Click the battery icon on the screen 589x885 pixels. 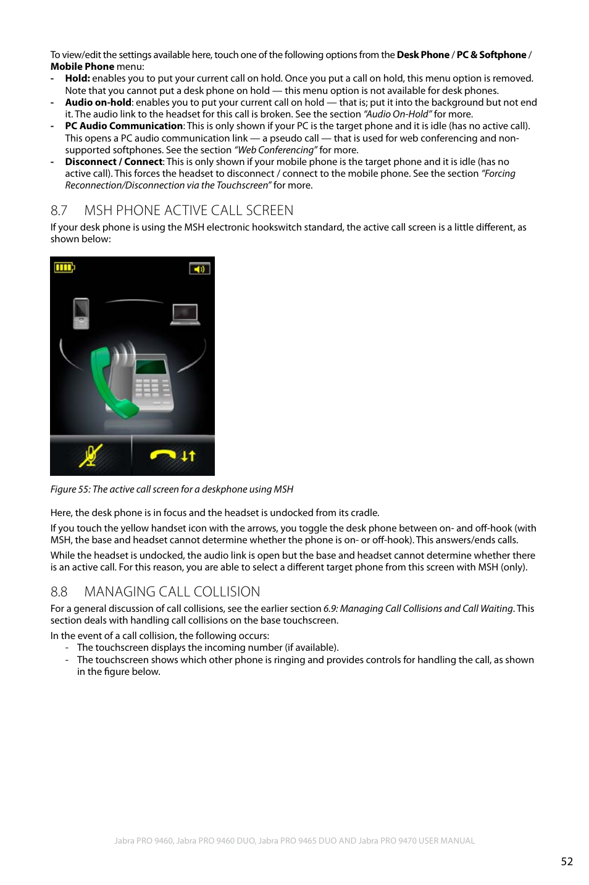64,268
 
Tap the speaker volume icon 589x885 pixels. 199,269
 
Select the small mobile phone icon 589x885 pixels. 81,313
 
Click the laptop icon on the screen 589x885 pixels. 185,314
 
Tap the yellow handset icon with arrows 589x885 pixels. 173,456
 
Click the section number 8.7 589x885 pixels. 59,211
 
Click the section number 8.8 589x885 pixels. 59,592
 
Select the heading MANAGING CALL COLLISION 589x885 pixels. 172,592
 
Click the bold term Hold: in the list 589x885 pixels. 77,78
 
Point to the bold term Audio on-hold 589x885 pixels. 98,103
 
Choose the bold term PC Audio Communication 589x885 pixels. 123,126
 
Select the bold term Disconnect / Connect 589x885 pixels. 114,162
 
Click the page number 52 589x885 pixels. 566,862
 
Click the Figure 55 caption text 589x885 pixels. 172,489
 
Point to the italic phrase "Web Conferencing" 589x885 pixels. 275,150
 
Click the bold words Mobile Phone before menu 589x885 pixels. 82,67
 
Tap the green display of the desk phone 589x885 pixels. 152,368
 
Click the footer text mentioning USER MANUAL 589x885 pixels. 294,841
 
